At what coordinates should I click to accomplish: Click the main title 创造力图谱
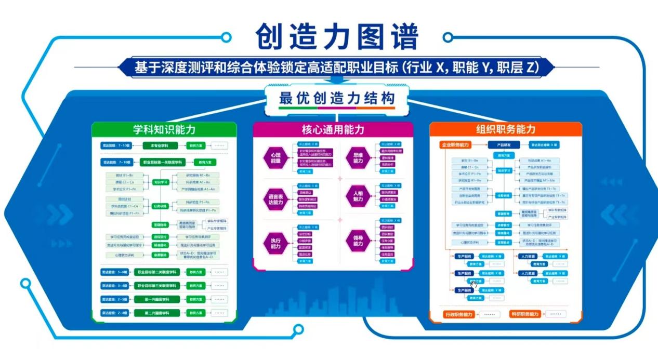point(337,37)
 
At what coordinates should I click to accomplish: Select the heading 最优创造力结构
point(337,98)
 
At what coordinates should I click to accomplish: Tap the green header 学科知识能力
point(164,130)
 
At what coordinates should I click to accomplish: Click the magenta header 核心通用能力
point(333,130)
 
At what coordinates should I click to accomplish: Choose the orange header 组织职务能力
point(505,129)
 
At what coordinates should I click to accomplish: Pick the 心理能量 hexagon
point(275,158)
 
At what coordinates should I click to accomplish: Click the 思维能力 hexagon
point(358,158)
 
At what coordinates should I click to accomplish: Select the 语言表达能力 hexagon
point(275,199)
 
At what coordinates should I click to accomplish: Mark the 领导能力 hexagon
point(358,242)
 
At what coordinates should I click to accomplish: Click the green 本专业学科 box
point(157,145)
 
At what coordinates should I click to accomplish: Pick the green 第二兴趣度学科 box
point(157,313)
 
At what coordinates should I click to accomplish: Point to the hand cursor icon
point(473,284)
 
